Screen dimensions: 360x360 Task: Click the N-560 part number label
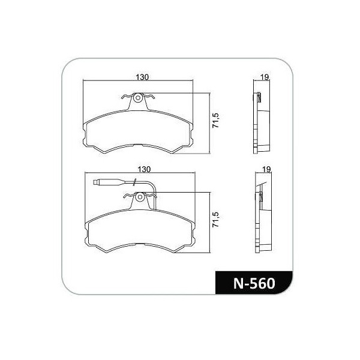pyautogui.click(x=254, y=283)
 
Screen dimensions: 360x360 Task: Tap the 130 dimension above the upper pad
pyautogui.click(x=142, y=77)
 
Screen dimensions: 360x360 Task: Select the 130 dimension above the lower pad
pyautogui.click(x=144, y=169)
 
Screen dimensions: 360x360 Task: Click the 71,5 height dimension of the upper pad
pyautogui.click(x=216, y=121)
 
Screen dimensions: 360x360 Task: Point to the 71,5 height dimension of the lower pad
pyautogui.click(x=216, y=220)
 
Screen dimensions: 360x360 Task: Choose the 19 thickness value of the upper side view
pyautogui.click(x=265, y=77)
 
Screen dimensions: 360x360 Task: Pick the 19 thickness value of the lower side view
pyautogui.click(x=266, y=169)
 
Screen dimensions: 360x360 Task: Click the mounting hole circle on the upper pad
pyautogui.click(x=138, y=98)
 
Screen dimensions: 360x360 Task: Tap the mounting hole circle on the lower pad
pyautogui.click(x=140, y=197)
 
